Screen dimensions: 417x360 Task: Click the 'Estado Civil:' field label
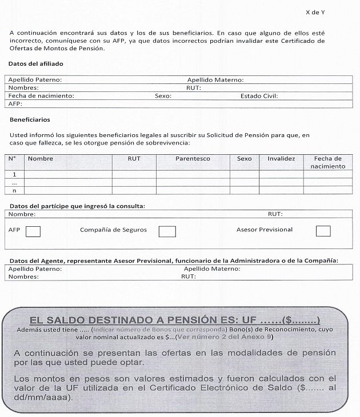click(x=259, y=96)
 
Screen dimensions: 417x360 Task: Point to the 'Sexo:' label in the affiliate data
click(x=163, y=96)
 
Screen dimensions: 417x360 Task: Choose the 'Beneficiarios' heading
click(x=30, y=120)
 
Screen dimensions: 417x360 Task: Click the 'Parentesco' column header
click(x=193, y=159)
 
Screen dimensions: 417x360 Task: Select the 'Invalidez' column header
click(x=281, y=159)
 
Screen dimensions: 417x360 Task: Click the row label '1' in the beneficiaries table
click(x=14, y=174)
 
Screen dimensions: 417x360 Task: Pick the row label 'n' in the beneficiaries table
click(x=14, y=190)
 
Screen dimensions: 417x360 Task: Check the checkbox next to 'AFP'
click(x=33, y=231)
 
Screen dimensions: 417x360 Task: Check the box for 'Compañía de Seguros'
click(x=167, y=231)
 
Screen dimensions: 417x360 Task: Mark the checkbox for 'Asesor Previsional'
click(x=323, y=231)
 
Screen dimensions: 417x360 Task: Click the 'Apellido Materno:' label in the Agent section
click(x=212, y=268)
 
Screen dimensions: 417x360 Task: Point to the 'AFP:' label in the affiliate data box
click(x=15, y=104)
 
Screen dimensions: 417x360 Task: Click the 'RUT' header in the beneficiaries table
click(x=134, y=159)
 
